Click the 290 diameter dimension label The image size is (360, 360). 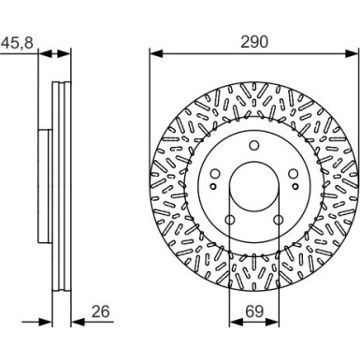(254, 42)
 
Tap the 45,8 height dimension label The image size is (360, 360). (17, 42)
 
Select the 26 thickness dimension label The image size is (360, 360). (101, 311)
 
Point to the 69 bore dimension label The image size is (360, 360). (254, 311)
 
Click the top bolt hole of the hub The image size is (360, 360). (254, 145)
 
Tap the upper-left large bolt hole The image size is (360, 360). (215, 174)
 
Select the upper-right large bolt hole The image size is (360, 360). (294, 174)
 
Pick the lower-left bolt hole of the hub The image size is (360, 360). (230, 220)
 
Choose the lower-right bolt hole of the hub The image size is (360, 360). (279, 220)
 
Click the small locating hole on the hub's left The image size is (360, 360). (213, 186)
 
